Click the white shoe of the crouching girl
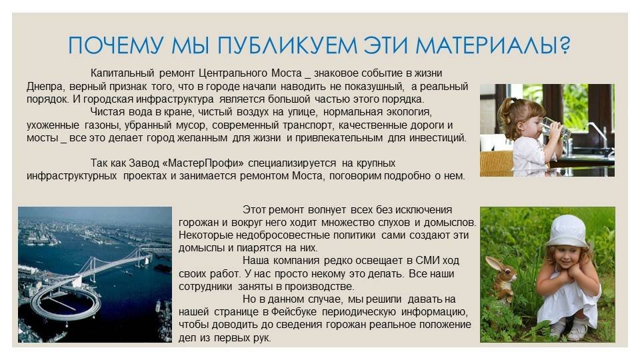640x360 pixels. pos(577,331)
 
